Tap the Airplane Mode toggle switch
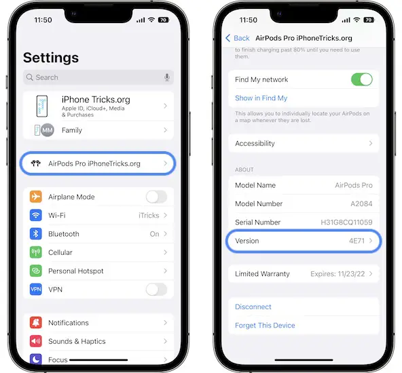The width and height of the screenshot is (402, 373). pyautogui.click(x=156, y=197)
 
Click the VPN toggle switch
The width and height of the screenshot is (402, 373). pyautogui.click(x=156, y=290)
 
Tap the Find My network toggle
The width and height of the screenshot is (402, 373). pyautogui.click(x=361, y=80)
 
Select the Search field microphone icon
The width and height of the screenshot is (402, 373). pyautogui.click(x=166, y=77)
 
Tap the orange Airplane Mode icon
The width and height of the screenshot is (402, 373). pyautogui.click(x=36, y=197)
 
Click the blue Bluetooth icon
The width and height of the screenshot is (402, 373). pyautogui.click(x=36, y=234)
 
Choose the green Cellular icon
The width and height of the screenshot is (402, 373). pyautogui.click(x=36, y=252)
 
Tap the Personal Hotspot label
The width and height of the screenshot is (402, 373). pyautogui.click(x=75, y=271)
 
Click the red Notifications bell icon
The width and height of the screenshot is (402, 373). pyautogui.click(x=36, y=323)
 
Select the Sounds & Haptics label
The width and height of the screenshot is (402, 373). pyautogui.click(x=77, y=341)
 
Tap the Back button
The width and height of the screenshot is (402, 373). pyautogui.click(x=238, y=38)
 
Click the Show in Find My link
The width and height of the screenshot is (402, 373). pyautogui.click(x=261, y=98)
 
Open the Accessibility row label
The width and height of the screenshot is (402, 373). pyautogui.click(x=255, y=144)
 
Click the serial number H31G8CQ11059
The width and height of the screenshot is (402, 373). pyautogui.click(x=346, y=222)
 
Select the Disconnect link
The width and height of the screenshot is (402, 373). pyautogui.click(x=253, y=307)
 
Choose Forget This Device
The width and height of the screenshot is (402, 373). pyautogui.click(x=265, y=326)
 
